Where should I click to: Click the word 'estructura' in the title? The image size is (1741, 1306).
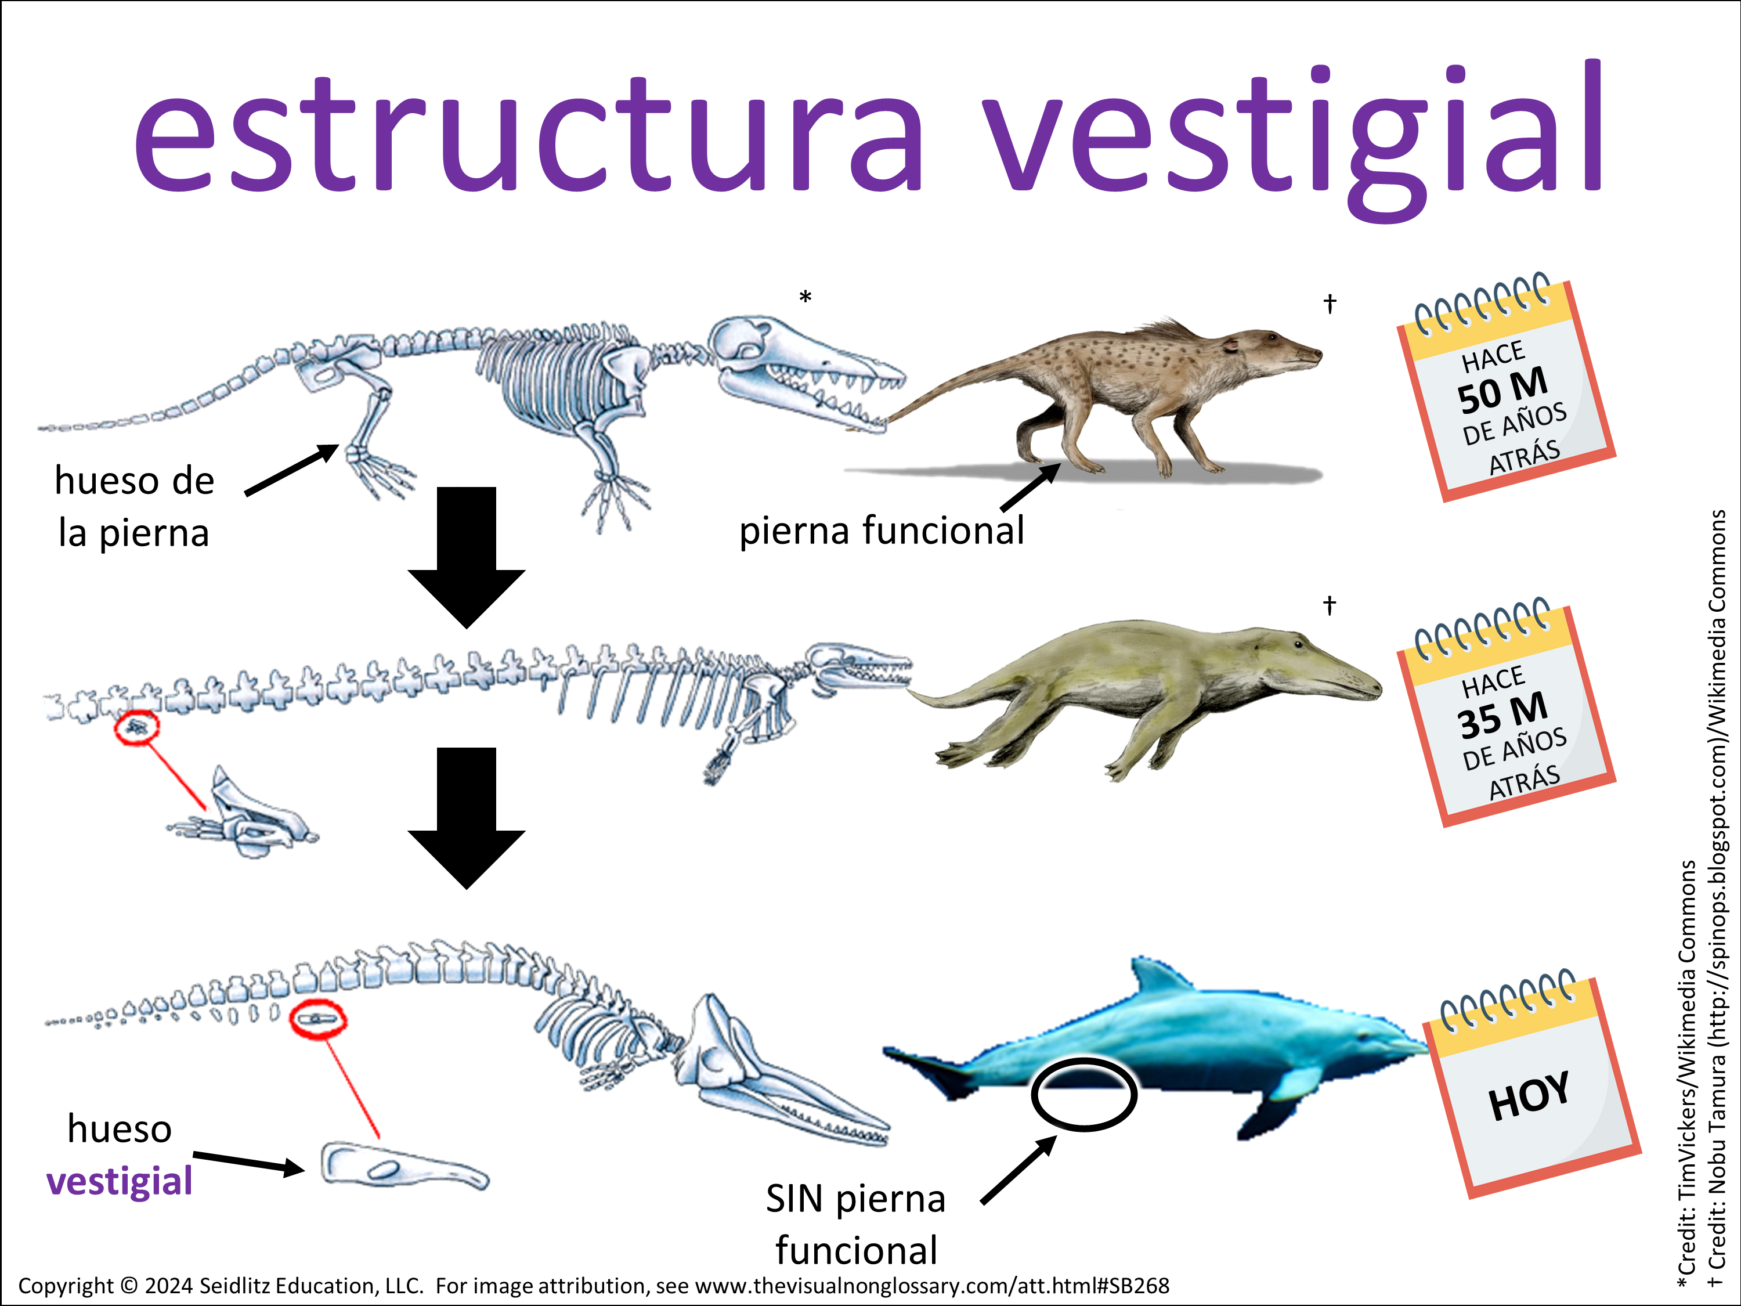[528, 134]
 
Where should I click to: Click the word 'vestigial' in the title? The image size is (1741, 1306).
[1291, 134]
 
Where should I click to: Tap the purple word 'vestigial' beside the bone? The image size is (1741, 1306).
[120, 1181]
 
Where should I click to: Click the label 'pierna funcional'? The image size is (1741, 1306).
[882, 531]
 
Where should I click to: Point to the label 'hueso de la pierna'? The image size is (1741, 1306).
[134, 506]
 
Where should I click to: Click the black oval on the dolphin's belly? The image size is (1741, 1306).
[1084, 1094]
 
